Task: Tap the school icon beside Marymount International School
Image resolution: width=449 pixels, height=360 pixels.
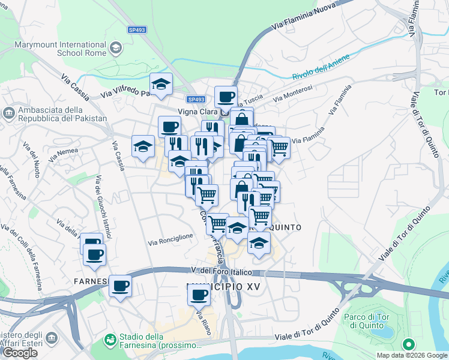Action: (116, 47)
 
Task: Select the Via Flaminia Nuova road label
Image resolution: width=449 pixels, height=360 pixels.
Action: (303, 17)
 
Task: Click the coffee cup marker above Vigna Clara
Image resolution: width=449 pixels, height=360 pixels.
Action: (226, 97)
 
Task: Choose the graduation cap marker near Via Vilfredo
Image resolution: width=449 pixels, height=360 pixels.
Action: (161, 85)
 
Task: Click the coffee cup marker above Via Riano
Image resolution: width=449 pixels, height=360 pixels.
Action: (199, 295)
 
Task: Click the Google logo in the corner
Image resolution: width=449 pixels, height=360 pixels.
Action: (20, 353)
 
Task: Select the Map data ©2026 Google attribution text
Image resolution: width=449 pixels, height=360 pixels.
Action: (411, 355)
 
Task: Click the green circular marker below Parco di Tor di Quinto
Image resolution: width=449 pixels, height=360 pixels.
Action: (408, 344)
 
